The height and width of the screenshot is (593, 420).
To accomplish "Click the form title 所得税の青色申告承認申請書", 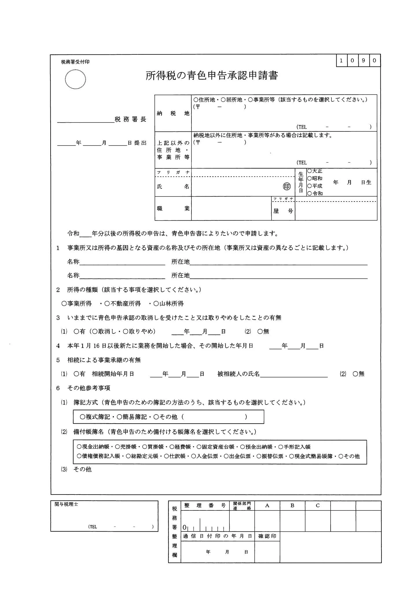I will [x=211, y=76].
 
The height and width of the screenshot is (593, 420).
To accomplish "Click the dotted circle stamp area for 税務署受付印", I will [x=75, y=79].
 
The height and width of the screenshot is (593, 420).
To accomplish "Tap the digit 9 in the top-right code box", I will [x=363, y=61].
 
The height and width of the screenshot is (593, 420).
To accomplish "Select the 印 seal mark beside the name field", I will [x=287, y=187].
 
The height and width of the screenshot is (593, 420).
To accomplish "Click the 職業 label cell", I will [x=173, y=208].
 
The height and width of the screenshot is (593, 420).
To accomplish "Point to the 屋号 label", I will [x=283, y=211].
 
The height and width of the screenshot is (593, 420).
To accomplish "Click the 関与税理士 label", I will [x=66, y=504].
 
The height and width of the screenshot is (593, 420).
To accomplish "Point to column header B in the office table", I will [x=292, y=506].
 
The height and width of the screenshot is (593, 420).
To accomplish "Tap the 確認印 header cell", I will [x=267, y=536].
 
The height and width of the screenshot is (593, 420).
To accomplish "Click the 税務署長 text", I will [x=130, y=119].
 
